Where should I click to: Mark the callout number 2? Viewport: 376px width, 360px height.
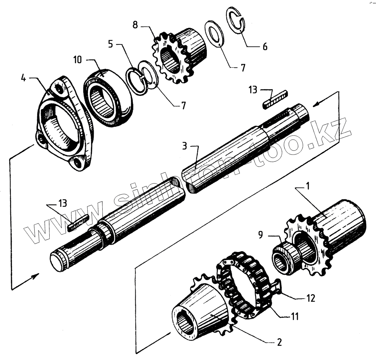tap(279, 343)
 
